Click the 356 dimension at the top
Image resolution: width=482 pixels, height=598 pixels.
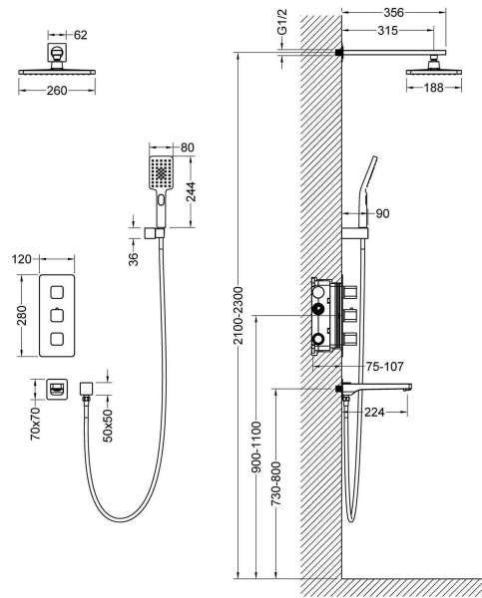coord(393,13)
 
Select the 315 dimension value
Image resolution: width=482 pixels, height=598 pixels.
coord(387,30)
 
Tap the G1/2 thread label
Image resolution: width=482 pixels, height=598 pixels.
coord(281,23)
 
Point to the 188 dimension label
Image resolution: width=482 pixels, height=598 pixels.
coord(434,88)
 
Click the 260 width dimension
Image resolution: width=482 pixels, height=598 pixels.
coord(57,91)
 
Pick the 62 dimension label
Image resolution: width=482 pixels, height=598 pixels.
coord(80,35)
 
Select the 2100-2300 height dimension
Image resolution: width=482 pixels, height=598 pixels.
coord(238,315)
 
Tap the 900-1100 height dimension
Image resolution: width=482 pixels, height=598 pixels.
coord(256,447)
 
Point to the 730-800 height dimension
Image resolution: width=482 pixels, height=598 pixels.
coord(275,483)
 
